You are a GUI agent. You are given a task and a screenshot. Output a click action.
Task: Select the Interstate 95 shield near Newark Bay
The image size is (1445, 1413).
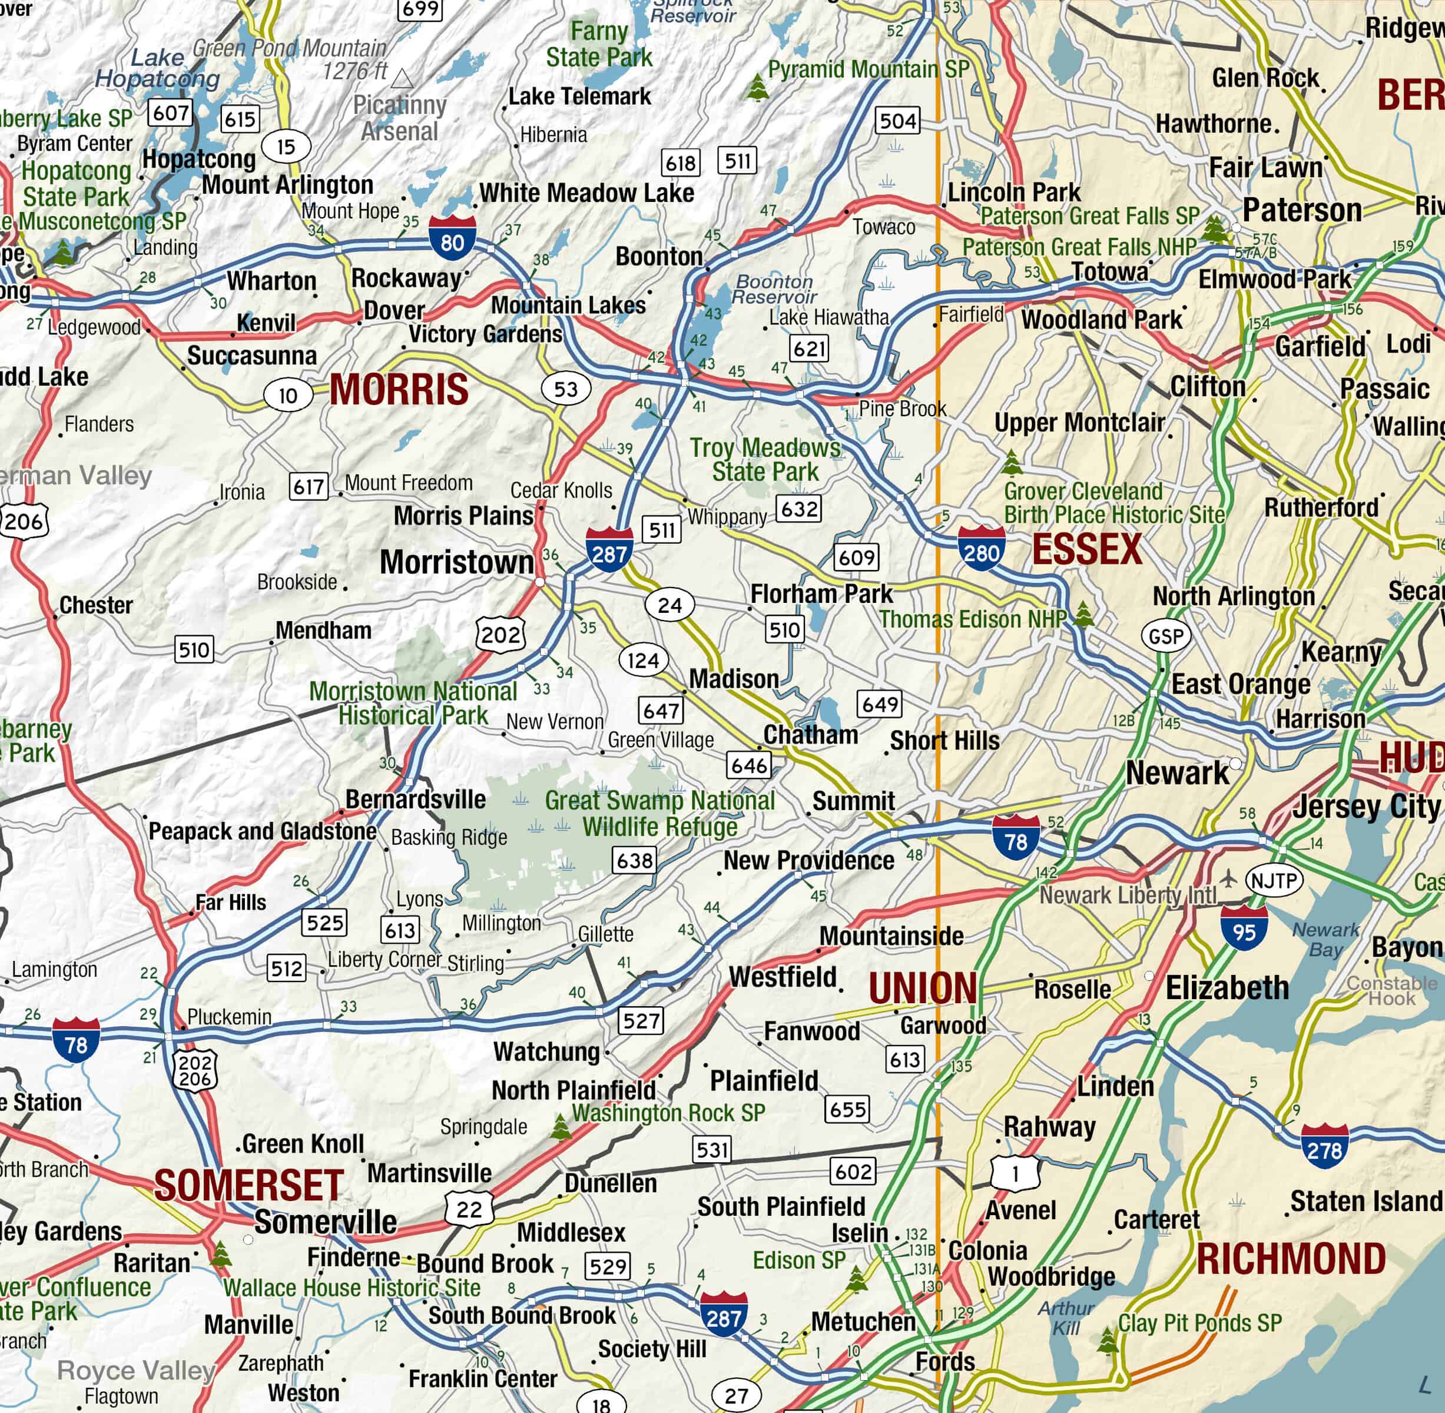(1243, 928)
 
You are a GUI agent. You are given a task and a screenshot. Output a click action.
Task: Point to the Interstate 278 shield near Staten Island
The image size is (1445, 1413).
(1324, 1146)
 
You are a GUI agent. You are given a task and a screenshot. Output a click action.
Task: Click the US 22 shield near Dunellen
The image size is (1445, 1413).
(469, 1209)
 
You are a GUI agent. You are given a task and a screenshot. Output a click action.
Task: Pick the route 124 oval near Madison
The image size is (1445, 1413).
(643, 660)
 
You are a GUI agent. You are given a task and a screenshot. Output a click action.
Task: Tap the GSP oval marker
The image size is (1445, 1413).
(1166, 636)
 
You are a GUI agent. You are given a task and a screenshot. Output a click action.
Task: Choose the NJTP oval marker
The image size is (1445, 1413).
(1274, 881)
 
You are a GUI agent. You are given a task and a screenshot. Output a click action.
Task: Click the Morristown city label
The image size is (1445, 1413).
(456, 562)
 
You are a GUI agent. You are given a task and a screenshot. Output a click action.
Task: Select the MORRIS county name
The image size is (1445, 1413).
(399, 390)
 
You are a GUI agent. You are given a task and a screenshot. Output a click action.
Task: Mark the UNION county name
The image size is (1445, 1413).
(923, 989)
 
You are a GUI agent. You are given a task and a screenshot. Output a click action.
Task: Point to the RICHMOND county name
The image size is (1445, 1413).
(1291, 1259)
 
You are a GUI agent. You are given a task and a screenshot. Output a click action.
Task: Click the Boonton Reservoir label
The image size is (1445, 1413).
(774, 290)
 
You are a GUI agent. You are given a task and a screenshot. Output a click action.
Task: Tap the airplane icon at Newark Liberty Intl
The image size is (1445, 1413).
(1229, 878)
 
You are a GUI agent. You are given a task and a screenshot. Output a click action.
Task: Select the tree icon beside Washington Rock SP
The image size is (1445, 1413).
(561, 1127)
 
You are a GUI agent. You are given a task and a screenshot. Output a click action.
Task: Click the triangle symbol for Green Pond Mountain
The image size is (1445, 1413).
(402, 78)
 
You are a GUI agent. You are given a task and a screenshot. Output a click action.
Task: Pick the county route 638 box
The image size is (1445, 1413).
(635, 860)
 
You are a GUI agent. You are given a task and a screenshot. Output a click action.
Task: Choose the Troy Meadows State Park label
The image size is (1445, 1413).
(764, 459)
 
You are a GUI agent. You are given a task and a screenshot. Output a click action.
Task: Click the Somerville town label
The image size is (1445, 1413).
(325, 1222)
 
